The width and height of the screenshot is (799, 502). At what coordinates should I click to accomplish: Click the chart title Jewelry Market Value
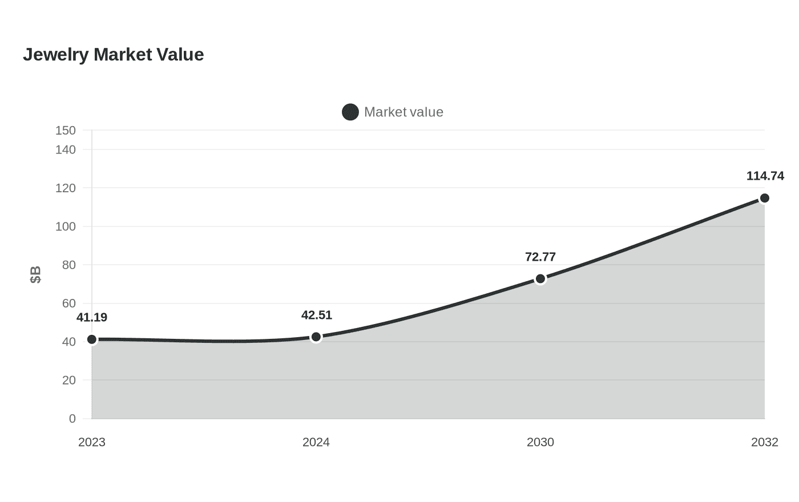tap(114, 55)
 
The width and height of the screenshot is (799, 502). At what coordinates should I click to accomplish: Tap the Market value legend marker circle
tap(350, 112)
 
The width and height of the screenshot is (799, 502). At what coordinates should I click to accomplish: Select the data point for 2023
tap(92, 339)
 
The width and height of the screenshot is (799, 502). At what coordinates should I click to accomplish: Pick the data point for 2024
tap(316, 337)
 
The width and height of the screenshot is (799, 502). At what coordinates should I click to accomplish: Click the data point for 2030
tap(540, 279)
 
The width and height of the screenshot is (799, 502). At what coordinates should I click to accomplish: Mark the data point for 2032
tap(764, 199)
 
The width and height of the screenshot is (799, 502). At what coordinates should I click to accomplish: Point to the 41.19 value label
tap(92, 317)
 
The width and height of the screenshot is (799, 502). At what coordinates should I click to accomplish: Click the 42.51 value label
tap(317, 315)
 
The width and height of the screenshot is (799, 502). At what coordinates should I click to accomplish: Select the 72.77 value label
tap(540, 257)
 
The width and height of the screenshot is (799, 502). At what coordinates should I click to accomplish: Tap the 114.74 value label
tap(765, 176)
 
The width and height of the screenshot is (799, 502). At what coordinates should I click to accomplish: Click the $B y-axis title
tap(35, 275)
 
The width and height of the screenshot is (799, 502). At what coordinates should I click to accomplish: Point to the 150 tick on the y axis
tap(66, 131)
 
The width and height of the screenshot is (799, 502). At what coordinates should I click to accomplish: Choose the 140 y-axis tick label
tap(66, 149)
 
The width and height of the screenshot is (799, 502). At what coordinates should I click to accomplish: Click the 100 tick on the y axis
tap(66, 227)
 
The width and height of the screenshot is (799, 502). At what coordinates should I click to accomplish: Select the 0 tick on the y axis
tap(72, 419)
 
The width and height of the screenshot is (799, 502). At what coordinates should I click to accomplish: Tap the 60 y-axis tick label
tap(69, 303)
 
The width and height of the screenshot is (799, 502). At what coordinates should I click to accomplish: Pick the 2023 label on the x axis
tap(92, 443)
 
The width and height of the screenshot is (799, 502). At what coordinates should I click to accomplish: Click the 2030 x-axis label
tap(540, 443)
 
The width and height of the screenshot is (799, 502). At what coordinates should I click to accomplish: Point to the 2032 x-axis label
tap(765, 443)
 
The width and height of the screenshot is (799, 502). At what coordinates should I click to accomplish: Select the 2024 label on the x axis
tap(316, 443)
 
